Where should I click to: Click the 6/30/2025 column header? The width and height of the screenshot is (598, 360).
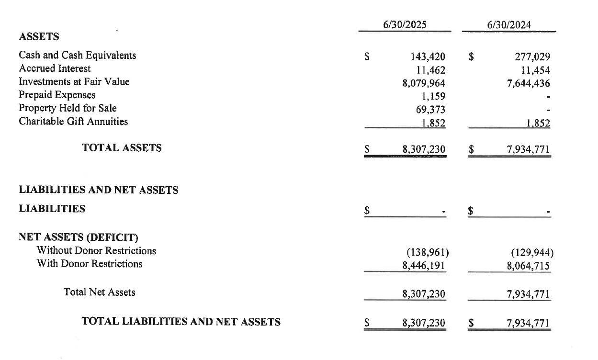(x=405, y=25)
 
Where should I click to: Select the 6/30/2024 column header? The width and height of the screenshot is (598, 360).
(x=509, y=25)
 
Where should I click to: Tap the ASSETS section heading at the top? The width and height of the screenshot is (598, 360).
(x=39, y=36)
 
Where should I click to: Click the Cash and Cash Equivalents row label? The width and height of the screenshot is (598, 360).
(x=78, y=56)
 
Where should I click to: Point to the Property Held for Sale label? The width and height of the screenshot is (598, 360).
(x=68, y=108)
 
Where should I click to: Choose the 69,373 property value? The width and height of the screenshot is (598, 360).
(x=431, y=110)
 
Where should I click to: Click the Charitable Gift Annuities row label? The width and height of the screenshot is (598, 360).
(x=74, y=122)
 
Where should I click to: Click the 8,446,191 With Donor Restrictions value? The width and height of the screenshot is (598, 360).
(x=424, y=264)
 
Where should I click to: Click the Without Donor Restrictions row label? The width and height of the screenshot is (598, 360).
(x=96, y=250)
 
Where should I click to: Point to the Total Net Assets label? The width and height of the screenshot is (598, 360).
(x=100, y=292)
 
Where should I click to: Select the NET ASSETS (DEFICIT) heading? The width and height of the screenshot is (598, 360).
(x=79, y=237)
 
